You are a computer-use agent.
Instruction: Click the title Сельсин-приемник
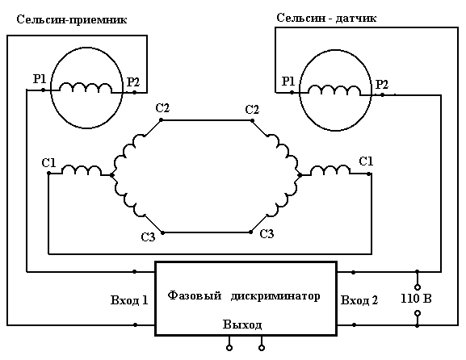tap(72, 20)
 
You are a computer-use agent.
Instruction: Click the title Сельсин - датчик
tap(326, 18)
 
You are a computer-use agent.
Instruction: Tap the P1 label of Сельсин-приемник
tap(40, 79)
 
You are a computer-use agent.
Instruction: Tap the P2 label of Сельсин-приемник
tap(133, 82)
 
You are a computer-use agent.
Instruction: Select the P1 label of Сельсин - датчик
tap(288, 81)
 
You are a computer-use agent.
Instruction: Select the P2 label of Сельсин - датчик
tap(382, 85)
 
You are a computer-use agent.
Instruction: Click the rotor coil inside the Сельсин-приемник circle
tap(86, 88)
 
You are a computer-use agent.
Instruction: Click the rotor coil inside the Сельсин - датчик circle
tap(334, 90)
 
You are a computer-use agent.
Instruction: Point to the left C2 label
tap(162, 108)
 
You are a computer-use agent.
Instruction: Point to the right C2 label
tap(252, 110)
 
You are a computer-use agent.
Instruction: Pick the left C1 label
tap(48, 163)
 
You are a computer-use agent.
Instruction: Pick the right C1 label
tap(366, 161)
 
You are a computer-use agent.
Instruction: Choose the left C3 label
tap(148, 237)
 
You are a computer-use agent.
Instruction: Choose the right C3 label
tap(267, 234)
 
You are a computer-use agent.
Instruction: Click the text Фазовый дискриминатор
tap(244, 296)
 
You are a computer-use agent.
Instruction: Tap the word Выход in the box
tap(242, 324)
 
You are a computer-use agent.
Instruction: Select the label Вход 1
tap(129, 300)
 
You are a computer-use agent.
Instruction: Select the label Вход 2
tap(359, 300)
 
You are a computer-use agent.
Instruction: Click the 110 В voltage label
tap(416, 299)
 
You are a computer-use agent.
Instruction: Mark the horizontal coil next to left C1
tap(82, 170)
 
